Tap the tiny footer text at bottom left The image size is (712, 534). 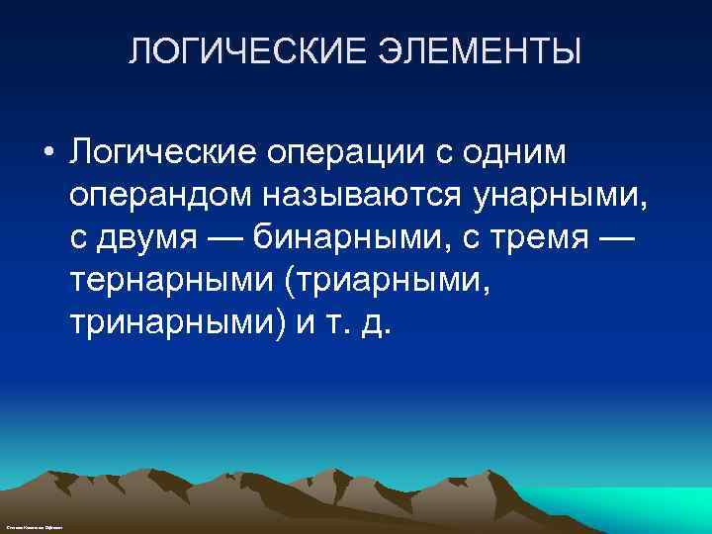(x=34, y=529)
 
